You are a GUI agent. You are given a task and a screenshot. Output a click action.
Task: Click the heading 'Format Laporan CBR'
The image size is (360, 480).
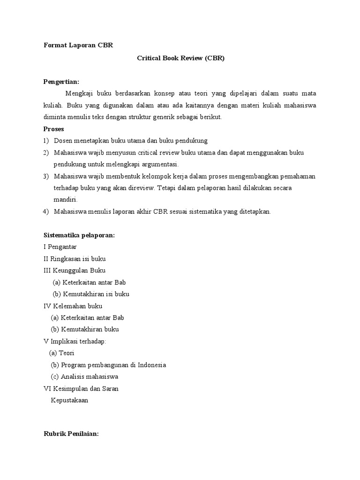click(x=78, y=45)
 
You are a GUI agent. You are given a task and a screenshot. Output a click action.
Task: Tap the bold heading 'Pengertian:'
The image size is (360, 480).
click(x=61, y=82)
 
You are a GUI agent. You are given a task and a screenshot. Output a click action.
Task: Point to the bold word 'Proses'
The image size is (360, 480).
click(x=53, y=129)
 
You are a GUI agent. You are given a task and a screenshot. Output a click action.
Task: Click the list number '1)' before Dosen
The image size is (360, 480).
click(x=46, y=141)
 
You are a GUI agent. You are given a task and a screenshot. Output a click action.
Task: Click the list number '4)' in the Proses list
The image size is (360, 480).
click(x=46, y=211)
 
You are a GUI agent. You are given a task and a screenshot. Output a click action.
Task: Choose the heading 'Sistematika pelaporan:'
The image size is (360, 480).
click(x=79, y=235)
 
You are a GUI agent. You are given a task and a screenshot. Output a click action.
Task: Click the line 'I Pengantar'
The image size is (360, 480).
click(x=60, y=247)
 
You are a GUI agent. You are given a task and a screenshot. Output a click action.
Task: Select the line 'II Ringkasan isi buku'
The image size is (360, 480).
click(x=77, y=258)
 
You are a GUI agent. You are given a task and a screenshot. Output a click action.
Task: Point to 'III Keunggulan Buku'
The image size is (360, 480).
click(x=74, y=270)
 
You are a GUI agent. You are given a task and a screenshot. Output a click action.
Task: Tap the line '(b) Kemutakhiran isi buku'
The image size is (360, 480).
click(x=91, y=294)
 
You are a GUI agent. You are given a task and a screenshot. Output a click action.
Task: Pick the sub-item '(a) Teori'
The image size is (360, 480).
click(x=62, y=353)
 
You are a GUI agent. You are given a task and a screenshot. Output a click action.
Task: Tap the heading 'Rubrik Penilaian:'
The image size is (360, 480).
click(x=71, y=434)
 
